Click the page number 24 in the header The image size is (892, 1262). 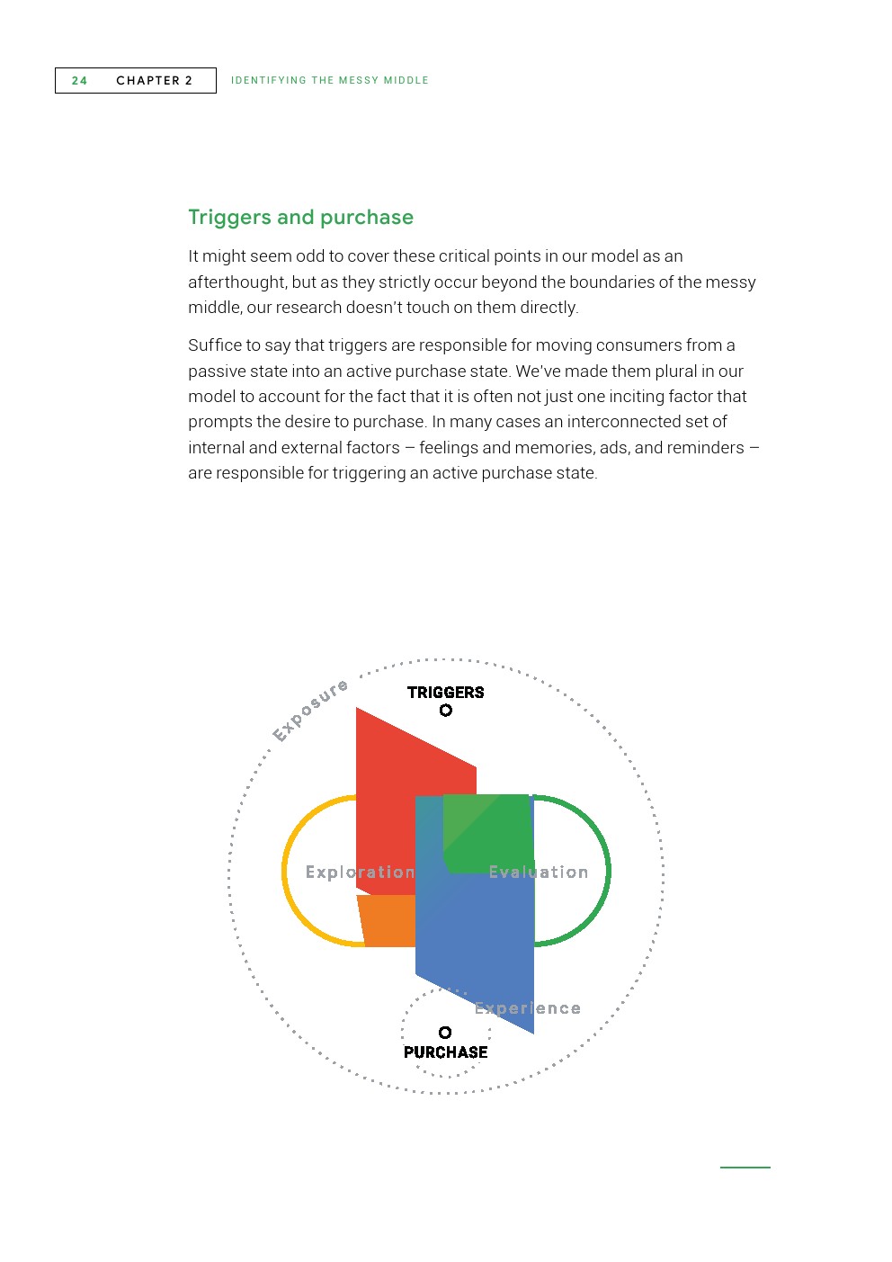click(79, 81)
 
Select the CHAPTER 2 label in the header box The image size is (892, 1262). click(154, 81)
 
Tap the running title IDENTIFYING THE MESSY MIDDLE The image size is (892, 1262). click(329, 81)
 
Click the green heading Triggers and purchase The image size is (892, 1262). click(300, 218)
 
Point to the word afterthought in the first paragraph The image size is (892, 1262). click(237, 282)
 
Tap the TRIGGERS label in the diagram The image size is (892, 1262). click(445, 693)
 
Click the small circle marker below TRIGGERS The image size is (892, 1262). click(445, 711)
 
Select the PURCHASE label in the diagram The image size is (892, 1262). click(445, 1052)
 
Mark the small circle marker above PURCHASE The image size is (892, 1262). click(445, 1033)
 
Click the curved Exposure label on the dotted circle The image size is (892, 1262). click(310, 711)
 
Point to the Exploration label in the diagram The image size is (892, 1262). click(360, 873)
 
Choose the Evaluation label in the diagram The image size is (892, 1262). click(538, 873)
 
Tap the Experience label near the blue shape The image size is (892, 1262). click(528, 1009)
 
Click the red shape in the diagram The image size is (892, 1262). click(396, 792)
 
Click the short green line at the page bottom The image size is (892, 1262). click(745, 1168)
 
